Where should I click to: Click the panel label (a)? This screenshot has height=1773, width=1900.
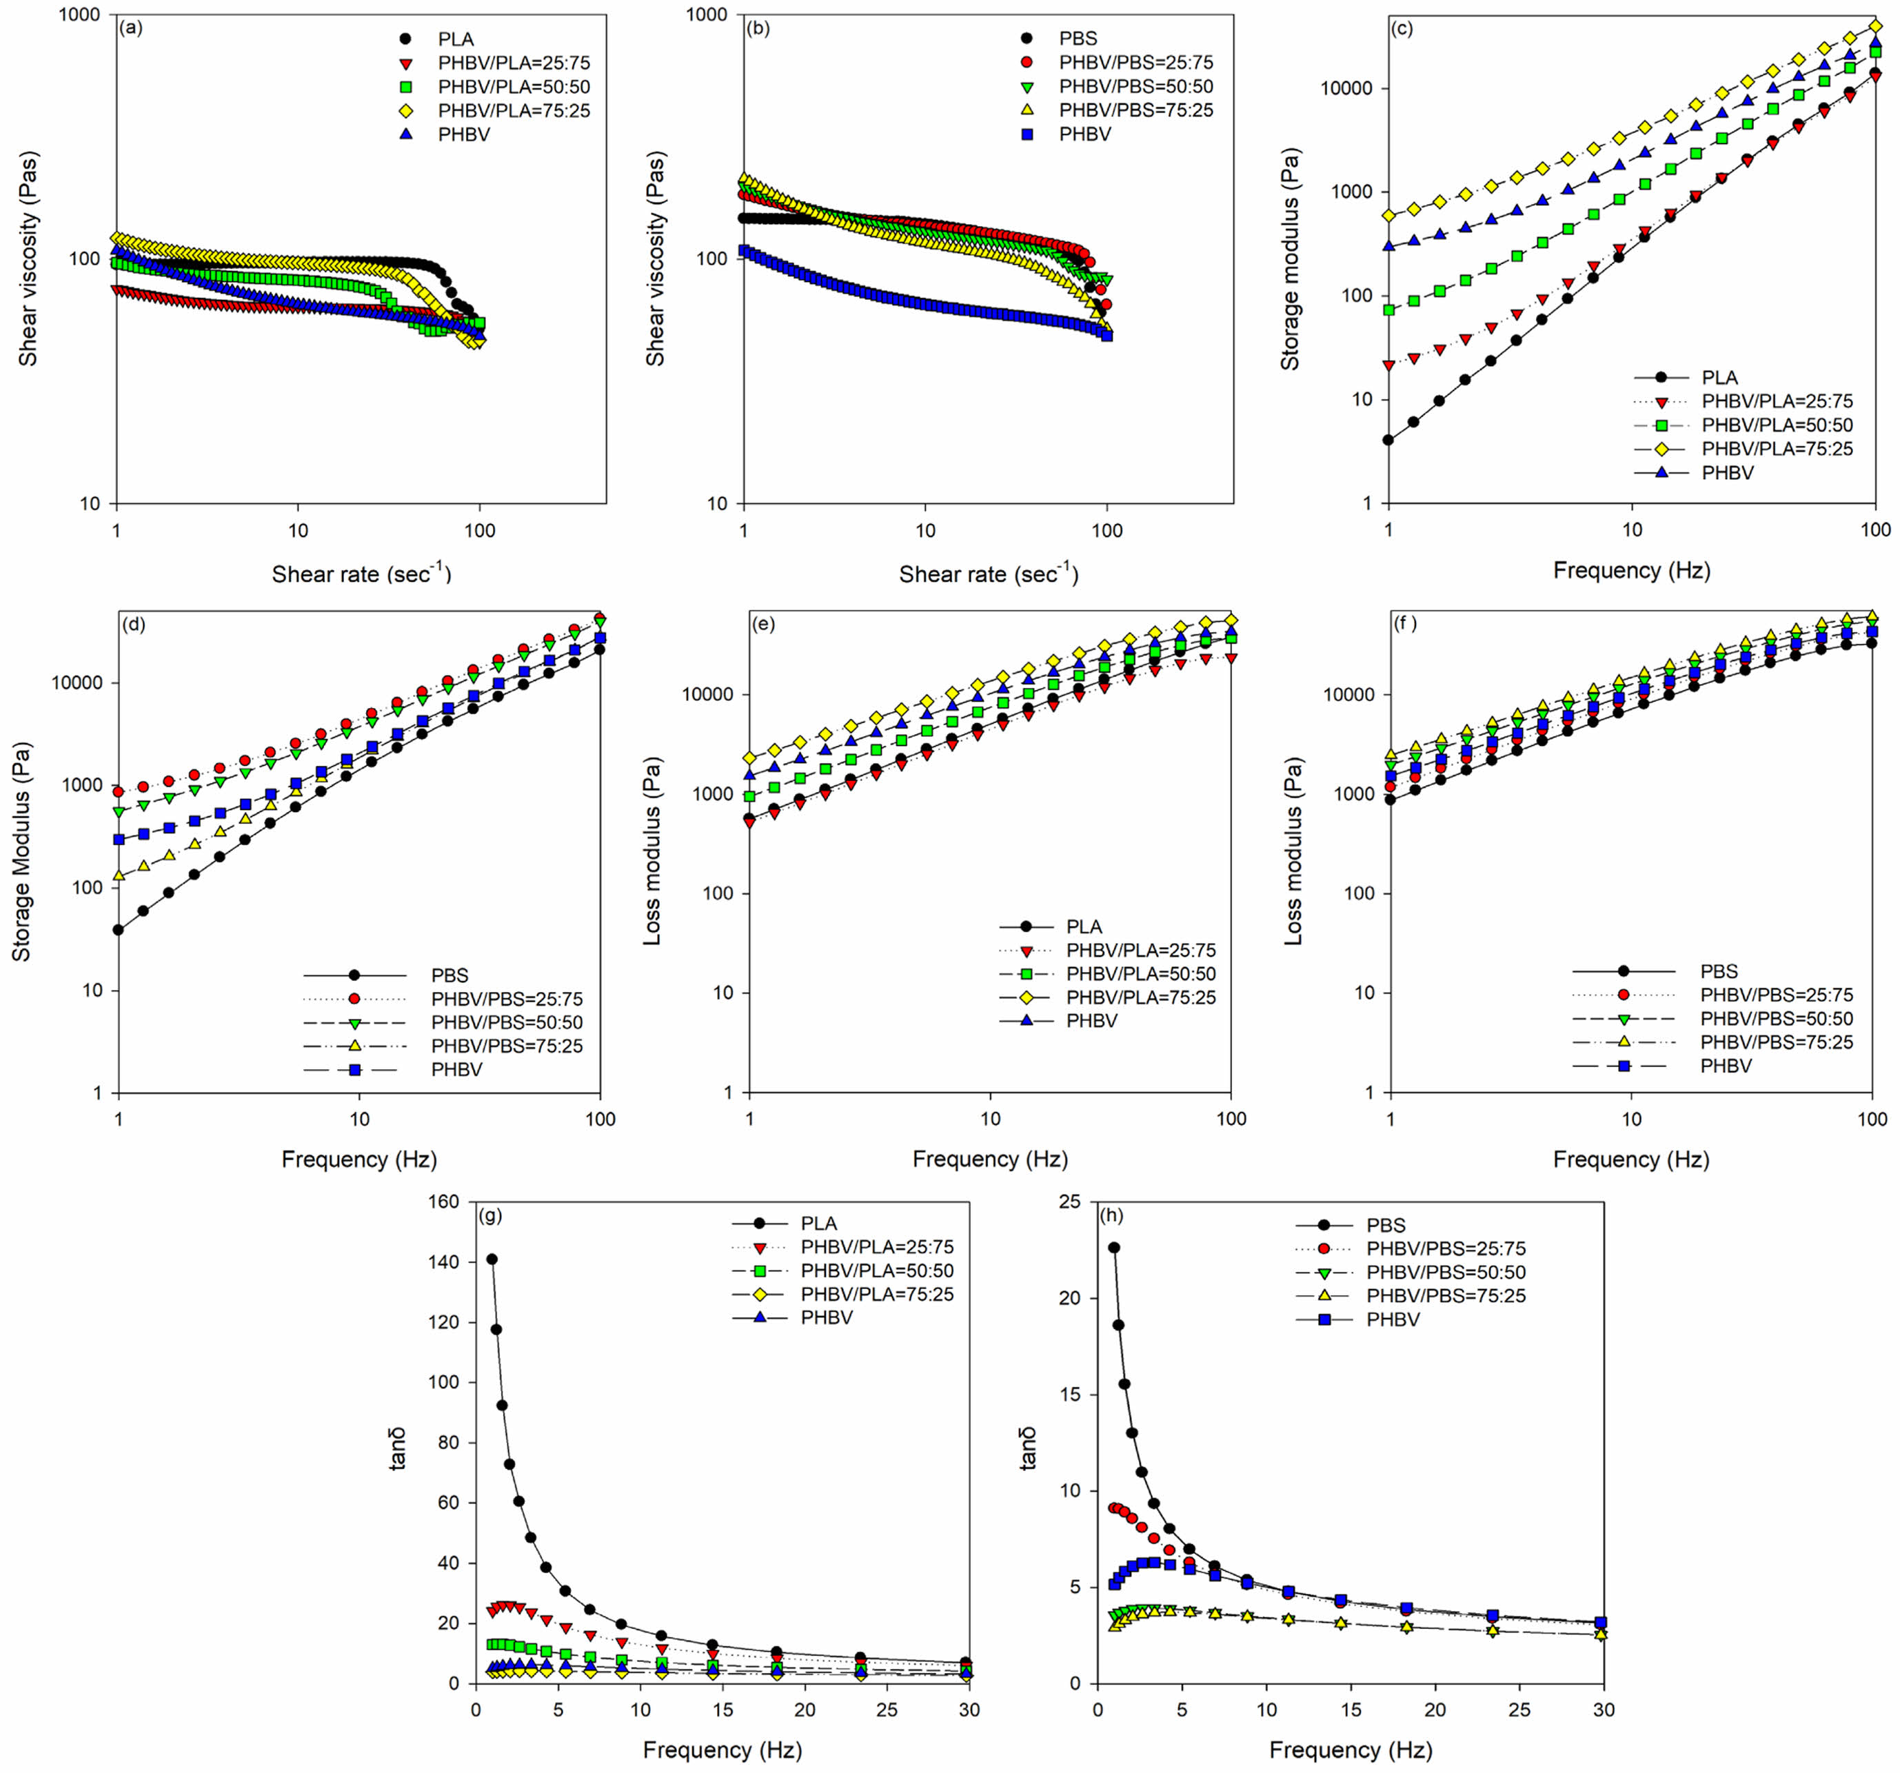(130, 28)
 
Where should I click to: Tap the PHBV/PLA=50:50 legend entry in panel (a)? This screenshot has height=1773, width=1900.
(513, 87)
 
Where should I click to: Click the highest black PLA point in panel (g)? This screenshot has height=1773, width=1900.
(492, 1259)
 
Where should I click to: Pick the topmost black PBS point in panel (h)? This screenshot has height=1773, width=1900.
(1113, 1247)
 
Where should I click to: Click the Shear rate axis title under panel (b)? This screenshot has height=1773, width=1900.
(988, 574)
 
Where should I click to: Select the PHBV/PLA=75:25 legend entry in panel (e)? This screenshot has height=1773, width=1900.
(1140, 997)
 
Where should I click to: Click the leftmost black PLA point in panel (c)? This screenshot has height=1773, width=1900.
(1388, 440)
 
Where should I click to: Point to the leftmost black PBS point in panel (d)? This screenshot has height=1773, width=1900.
(119, 929)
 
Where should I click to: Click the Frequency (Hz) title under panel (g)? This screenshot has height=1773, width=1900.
(722, 1750)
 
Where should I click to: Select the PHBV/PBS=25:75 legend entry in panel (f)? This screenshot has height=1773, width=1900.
(1776, 994)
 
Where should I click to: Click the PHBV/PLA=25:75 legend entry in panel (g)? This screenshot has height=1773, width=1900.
(876, 1246)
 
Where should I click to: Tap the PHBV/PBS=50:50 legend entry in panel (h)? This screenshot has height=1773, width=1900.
(1445, 1272)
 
